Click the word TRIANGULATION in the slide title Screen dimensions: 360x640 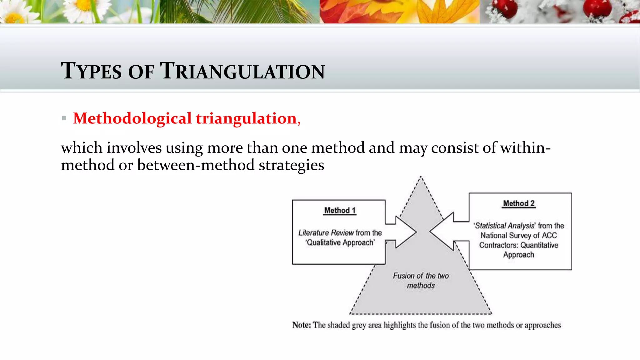(x=242, y=71)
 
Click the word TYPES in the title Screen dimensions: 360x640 (x=91, y=71)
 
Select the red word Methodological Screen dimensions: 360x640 (x=132, y=118)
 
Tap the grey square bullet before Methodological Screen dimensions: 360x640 (x=64, y=118)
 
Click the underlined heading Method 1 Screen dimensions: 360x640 (x=340, y=210)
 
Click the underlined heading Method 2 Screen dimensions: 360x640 (x=519, y=203)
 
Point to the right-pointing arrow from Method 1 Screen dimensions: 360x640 (x=403, y=232)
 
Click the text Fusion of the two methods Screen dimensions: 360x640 (x=421, y=280)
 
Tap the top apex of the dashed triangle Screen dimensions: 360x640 (x=421, y=177)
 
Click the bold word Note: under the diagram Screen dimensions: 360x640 (x=302, y=325)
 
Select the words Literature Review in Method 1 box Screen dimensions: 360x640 (x=326, y=233)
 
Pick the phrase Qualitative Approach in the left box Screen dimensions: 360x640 (x=340, y=242)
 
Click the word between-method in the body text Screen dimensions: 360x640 (x=196, y=165)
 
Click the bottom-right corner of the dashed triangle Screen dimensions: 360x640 (x=491, y=313)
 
